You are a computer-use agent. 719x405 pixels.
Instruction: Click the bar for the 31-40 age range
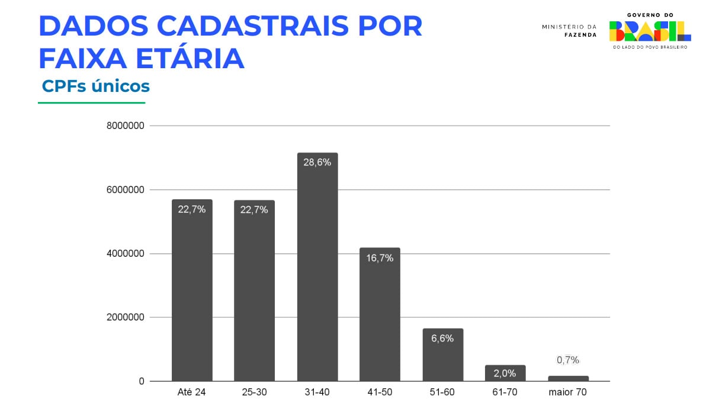click(x=317, y=267)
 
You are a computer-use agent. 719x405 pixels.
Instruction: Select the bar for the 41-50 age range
click(x=380, y=314)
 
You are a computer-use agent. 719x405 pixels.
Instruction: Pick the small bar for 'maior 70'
click(x=568, y=378)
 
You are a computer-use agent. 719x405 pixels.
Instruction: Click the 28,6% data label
click(x=317, y=162)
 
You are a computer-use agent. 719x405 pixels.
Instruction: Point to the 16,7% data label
click(x=380, y=258)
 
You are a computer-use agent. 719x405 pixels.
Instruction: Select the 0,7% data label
click(x=568, y=360)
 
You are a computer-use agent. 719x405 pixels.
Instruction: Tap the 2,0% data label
click(x=505, y=373)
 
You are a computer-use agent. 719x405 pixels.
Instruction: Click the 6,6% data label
click(x=442, y=339)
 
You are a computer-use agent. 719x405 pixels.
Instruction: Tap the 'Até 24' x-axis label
click(x=192, y=393)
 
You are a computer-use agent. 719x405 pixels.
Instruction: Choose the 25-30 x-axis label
click(x=254, y=393)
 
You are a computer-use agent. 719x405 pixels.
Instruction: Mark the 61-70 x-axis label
click(x=505, y=393)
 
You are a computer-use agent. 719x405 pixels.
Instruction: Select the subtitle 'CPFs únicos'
click(x=96, y=86)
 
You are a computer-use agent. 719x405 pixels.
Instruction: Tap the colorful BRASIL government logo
click(x=650, y=31)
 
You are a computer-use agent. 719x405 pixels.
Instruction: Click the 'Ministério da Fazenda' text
click(x=569, y=31)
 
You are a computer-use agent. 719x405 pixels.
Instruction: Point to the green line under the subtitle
click(x=91, y=103)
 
